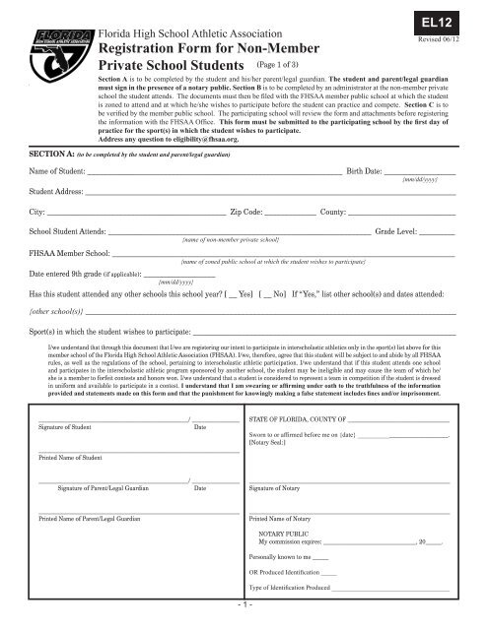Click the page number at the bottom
point(244,620)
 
